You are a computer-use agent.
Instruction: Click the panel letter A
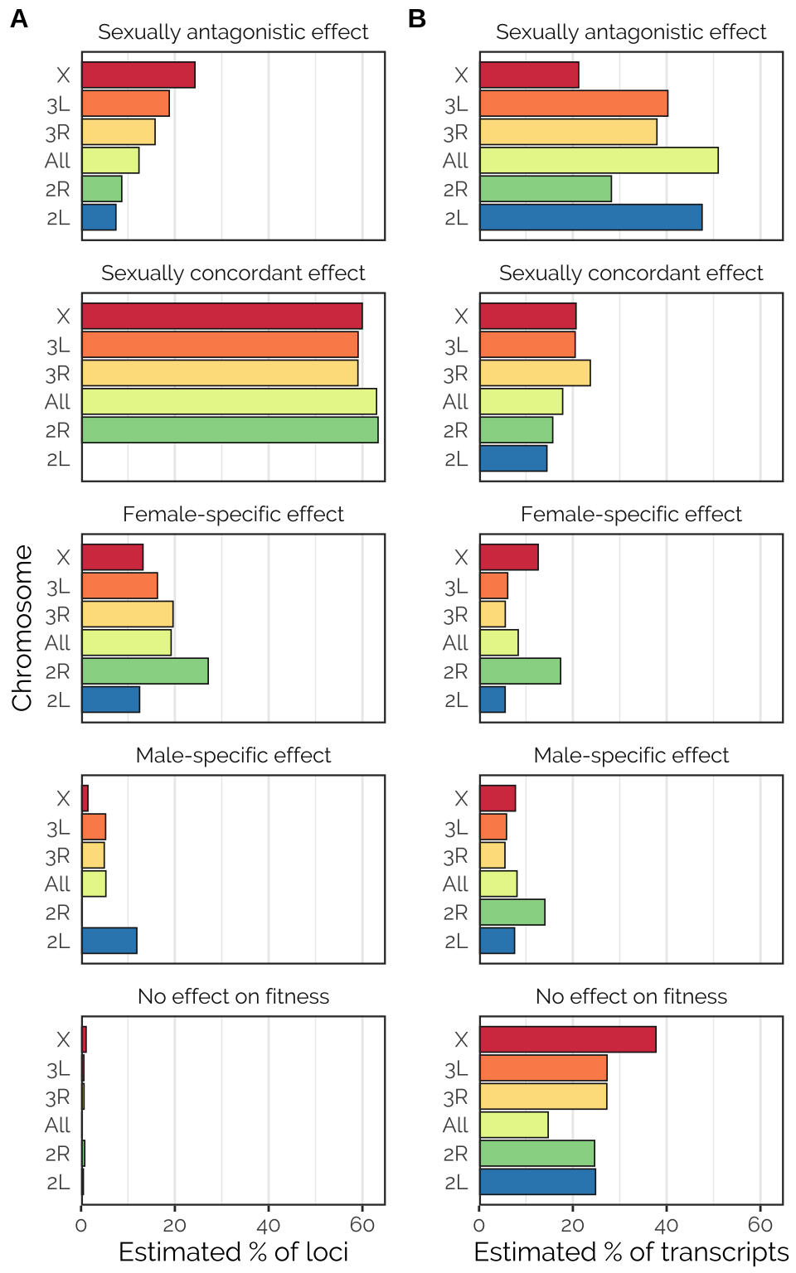click(x=18, y=18)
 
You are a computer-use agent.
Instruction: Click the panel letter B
click(x=416, y=18)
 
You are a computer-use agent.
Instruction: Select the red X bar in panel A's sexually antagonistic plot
click(x=138, y=75)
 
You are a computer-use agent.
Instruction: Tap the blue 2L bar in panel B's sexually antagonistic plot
click(x=590, y=217)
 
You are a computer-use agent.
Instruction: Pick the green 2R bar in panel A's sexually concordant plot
click(x=230, y=430)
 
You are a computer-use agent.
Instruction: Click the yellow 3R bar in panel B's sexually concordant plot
click(x=535, y=374)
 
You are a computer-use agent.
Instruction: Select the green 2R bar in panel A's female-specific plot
click(x=145, y=671)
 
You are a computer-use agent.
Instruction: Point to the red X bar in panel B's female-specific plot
click(x=509, y=558)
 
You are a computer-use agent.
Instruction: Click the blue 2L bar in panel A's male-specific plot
click(x=109, y=941)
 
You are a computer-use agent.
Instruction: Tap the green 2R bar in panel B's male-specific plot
click(x=512, y=912)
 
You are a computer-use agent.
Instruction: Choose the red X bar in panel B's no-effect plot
click(x=568, y=1040)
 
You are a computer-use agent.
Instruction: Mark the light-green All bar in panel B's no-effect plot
click(x=514, y=1125)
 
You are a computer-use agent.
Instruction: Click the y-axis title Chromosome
click(x=22, y=627)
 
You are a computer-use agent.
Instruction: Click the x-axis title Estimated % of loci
click(x=233, y=1251)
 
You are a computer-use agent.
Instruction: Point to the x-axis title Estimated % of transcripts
click(x=631, y=1251)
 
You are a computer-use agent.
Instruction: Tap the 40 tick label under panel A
click(x=269, y=1226)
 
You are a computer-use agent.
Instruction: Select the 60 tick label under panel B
click(x=760, y=1226)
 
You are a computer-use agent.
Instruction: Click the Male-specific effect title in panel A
click(x=233, y=755)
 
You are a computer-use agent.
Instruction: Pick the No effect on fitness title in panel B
click(x=631, y=996)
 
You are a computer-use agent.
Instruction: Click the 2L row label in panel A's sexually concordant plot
click(x=58, y=459)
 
